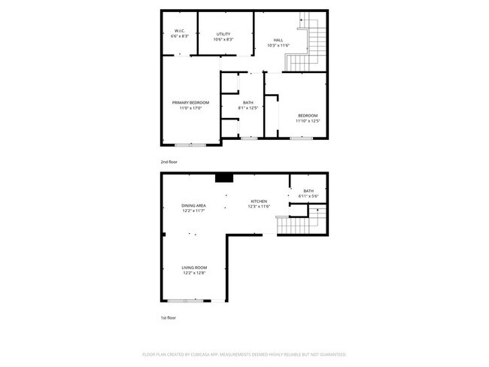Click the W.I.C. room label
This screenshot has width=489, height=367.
pyautogui.click(x=179, y=32)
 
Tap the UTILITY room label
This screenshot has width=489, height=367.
pyautogui.click(x=223, y=34)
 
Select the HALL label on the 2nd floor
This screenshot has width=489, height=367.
pyautogui.click(x=278, y=41)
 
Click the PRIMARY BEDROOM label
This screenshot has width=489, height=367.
pyautogui.click(x=190, y=102)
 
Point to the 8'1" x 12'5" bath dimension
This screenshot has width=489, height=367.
pyautogui.click(x=248, y=108)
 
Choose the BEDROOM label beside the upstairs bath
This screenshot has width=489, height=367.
pyautogui.click(x=308, y=115)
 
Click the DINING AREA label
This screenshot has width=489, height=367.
pyautogui.click(x=194, y=205)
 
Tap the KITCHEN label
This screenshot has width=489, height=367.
pyautogui.click(x=260, y=202)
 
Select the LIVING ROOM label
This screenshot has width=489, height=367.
pyautogui.click(x=194, y=268)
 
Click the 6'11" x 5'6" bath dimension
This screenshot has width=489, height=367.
pyautogui.click(x=308, y=196)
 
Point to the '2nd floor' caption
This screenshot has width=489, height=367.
pyautogui.click(x=169, y=162)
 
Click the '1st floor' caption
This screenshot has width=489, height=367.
pyautogui.click(x=169, y=318)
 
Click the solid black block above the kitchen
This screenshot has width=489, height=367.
pyautogui.click(x=224, y=178)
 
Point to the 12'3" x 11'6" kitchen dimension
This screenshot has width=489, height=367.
pyautogui.click(x=260, y=207)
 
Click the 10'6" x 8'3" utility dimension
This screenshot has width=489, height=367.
pyautogui.click(x=223, y=39)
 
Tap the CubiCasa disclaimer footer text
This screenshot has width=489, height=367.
pyautogui.click(x=244, y=353)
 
